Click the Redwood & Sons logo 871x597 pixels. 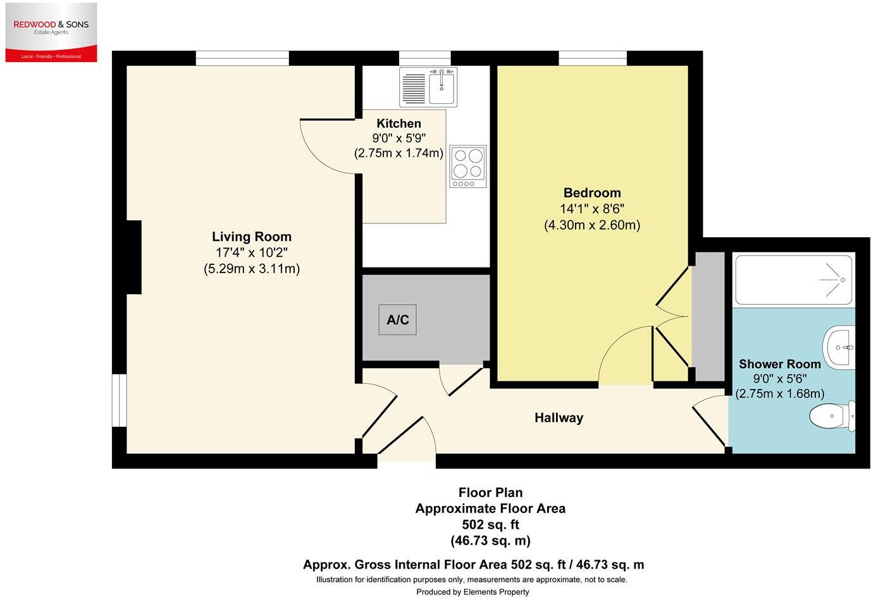click(x=51, y=32)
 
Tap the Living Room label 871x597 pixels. click(x=252, y=237)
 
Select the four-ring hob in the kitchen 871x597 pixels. click(x=468, y=166)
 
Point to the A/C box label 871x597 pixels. click(x=397, y=320)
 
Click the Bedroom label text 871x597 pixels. click(x=592, y=193)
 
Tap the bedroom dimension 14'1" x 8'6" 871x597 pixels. click(x=592, y=209)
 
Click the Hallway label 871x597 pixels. click(x=559, y=418)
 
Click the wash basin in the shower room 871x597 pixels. click(x=839, y=347)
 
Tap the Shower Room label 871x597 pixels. click(x=779, y=364)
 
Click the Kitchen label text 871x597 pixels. click(x=398, y=123)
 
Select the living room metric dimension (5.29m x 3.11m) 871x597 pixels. click(x=252, y=269)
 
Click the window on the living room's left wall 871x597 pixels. click(x=119, y=400)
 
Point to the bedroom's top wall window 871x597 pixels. click(x=593, y=58)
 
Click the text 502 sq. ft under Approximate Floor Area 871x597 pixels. click(x=490, y=525)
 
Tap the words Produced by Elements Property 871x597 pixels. click(x=472, y=592)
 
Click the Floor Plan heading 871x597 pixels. click(x=490, y=493)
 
